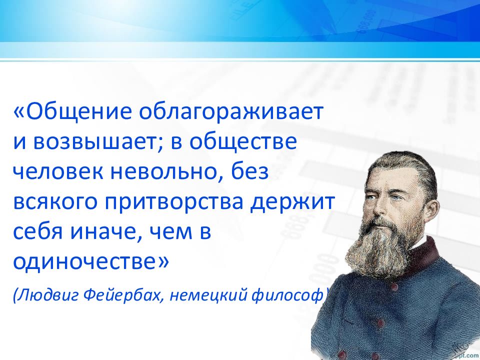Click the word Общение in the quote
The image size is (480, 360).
[76, 111]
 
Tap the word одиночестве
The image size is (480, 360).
[87, 262]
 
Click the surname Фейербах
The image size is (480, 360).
[123, 295]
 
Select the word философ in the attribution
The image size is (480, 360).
[287, 295]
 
